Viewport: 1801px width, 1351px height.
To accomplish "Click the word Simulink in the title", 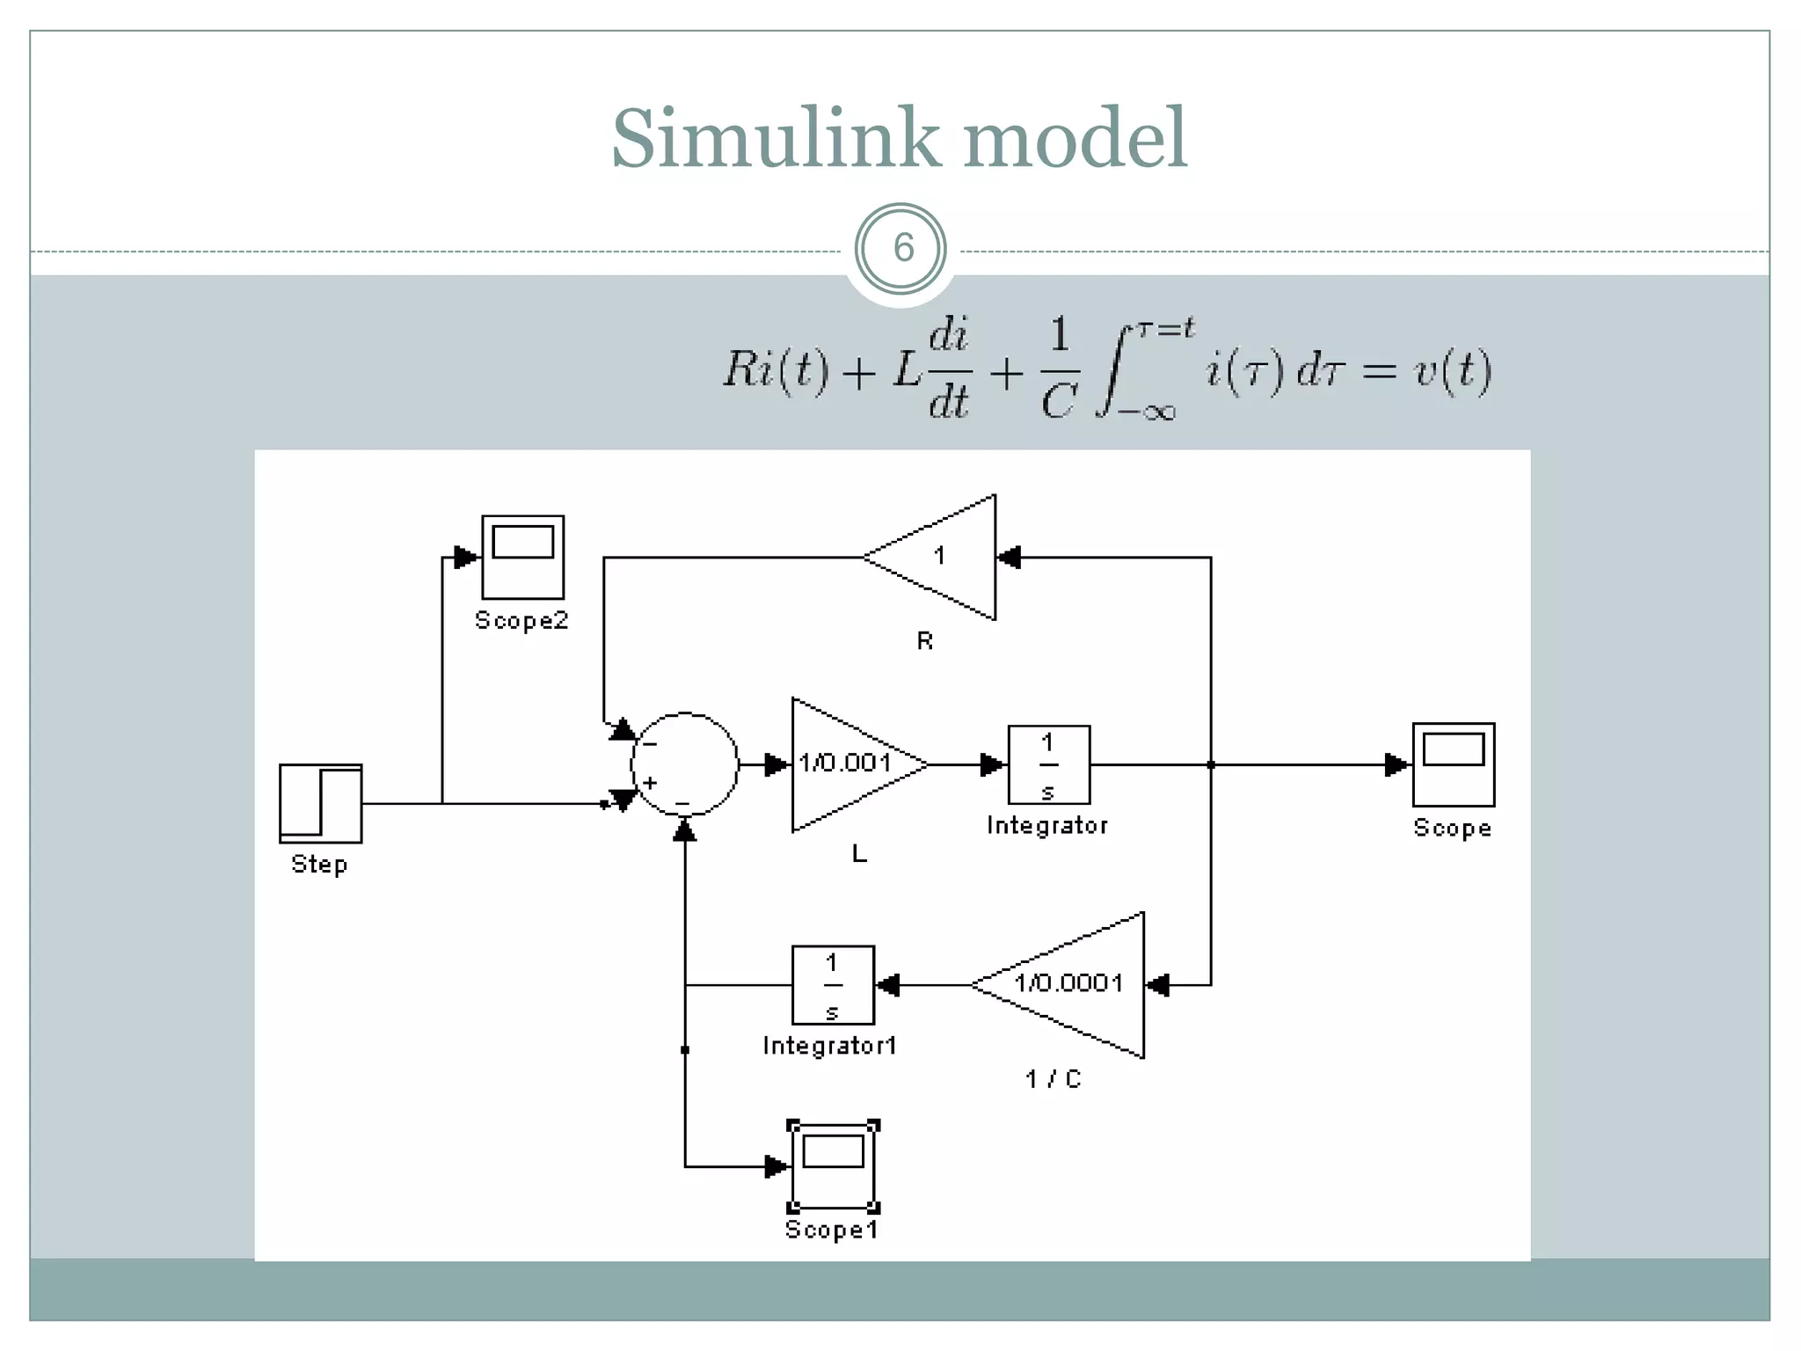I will [x=775, y=138].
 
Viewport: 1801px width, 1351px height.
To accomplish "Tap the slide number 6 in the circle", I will [x=902, y=249].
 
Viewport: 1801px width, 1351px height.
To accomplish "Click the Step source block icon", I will [x=320, y=803].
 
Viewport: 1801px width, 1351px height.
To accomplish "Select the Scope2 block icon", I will [x=522, y=557].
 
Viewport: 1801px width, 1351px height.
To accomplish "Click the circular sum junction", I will [x=685, y=763].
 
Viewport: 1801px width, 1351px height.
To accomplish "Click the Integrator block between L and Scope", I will [x=1048, y=764].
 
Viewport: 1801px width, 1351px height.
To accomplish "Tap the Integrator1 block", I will [x=832, y=985].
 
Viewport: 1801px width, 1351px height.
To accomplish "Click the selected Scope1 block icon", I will [x=833, y=1166].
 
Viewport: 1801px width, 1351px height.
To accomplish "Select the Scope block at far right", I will [x=1453, y=763].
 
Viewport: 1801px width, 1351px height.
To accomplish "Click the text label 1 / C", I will [x=1053, y=1078].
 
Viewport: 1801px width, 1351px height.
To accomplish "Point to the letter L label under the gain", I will [x=859, y=853].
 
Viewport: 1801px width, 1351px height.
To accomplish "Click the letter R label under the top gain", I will [x=924, y=641].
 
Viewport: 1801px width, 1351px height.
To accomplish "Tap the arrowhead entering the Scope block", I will [x=1396, y=764].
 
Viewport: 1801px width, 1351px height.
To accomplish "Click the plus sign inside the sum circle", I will [x=650, y=782].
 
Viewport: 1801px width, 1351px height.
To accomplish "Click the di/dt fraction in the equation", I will [x=949, y=369].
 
